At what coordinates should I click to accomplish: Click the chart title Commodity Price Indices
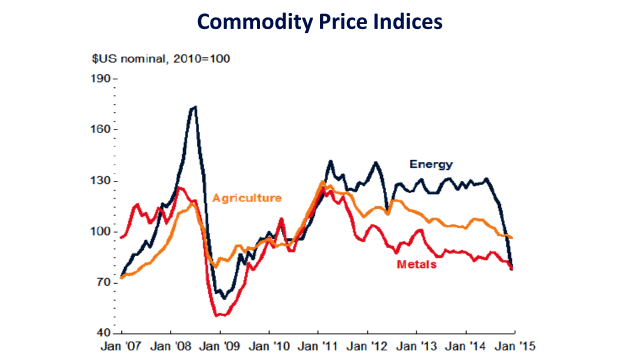tap(319, 21)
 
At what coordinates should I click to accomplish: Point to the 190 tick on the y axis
tap(100, 78)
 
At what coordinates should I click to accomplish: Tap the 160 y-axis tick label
tap(100, 129)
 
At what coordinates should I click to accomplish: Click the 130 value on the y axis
tap(100, 181)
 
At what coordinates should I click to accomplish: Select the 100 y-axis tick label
tap(100, 232)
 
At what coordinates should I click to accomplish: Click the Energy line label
tap(430, 164)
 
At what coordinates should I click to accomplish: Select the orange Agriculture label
tap(246, 197)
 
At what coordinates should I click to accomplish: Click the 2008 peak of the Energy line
tap(194, 107)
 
